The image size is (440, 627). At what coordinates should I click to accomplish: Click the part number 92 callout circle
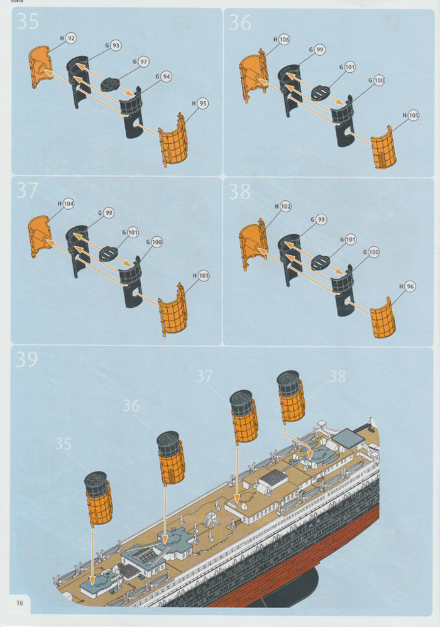(x=71, y=38)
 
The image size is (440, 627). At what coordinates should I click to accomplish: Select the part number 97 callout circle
(x=144, y=62)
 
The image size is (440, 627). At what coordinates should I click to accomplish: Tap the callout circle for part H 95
(x=202, y=103)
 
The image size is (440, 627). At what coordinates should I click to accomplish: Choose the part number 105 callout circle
(x=412, y=116)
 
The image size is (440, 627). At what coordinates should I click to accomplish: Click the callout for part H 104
(x=69, y=204)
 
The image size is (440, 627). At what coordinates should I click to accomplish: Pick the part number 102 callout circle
(x=285, y=206)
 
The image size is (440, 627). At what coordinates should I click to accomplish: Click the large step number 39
(x=27, y=360)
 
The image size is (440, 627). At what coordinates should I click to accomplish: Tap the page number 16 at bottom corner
(x=20, y=602)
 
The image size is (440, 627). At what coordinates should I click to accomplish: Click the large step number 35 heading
(x=27, y=21)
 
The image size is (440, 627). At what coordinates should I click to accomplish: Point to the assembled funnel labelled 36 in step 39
(x=171, y=457)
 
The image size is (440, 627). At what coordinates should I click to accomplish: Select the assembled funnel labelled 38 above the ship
(x=290, y=397)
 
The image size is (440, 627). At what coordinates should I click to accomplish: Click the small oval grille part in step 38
(x=320, y=262)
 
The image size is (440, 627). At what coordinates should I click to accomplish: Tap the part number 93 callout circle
(x=116, y=46)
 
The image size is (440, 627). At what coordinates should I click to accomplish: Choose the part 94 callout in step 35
(x=166, y=77)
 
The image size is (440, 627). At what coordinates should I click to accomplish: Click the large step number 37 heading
(x=27, y=190)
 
